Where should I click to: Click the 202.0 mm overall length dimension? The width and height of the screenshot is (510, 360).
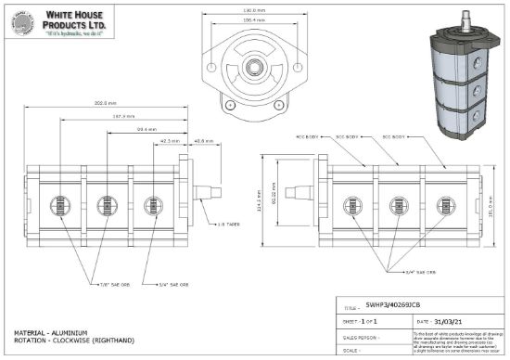(105, 102)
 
